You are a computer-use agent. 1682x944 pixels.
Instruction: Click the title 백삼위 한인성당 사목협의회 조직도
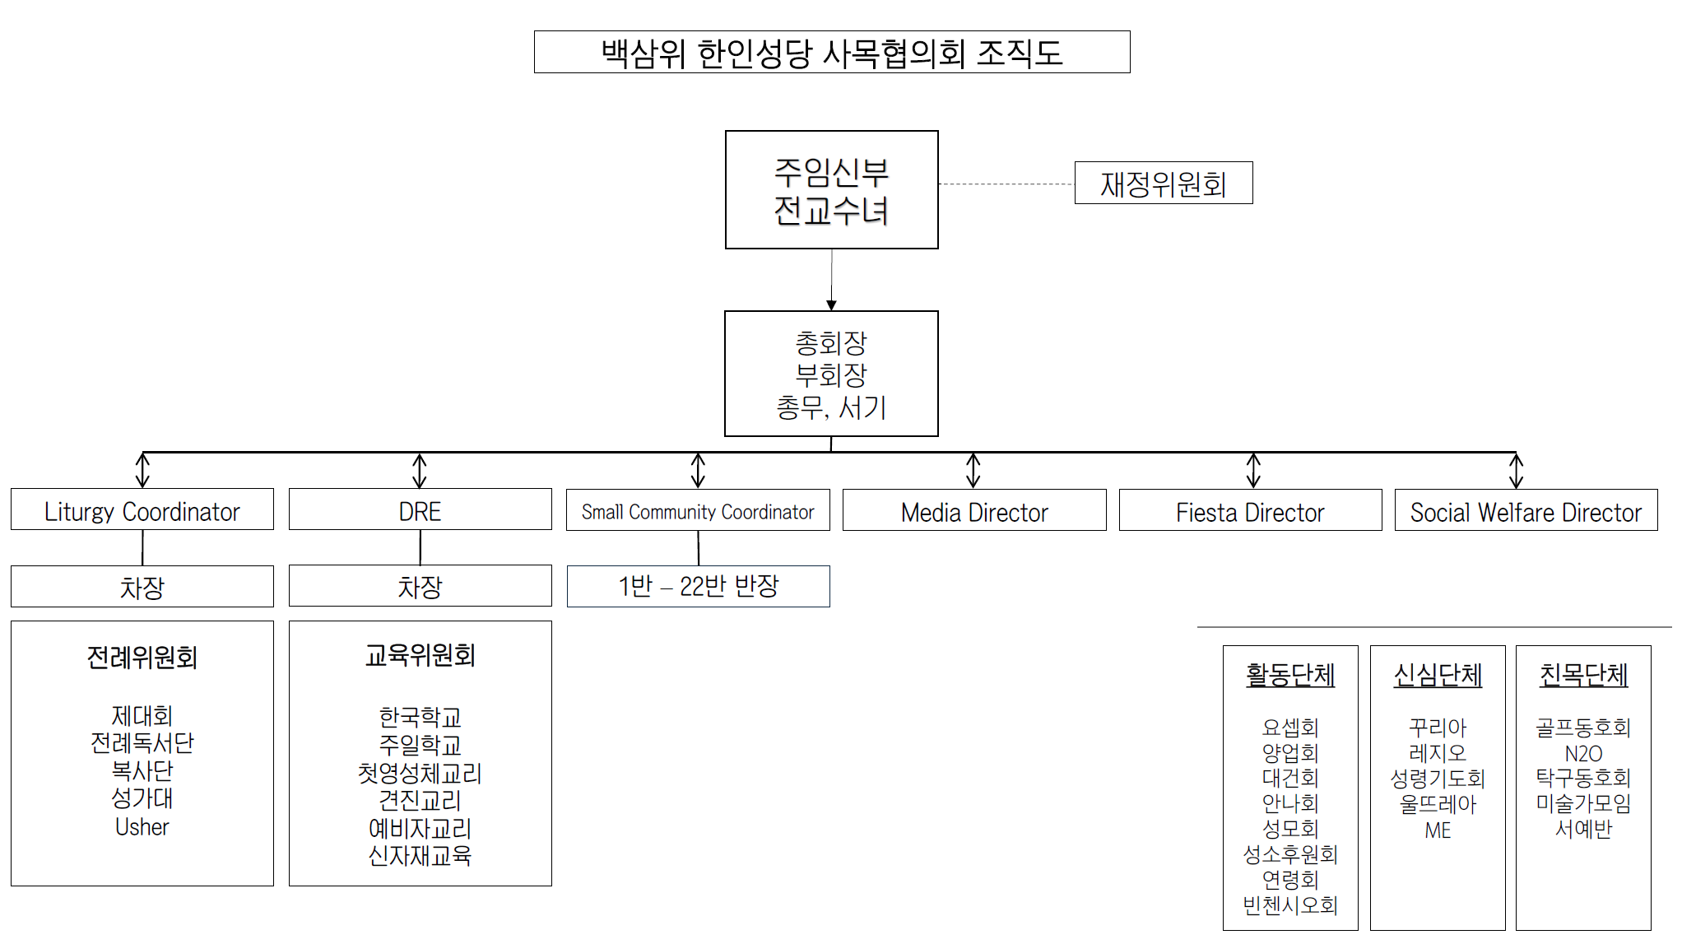pos(832,53)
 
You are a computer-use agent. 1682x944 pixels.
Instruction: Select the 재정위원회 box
pos(1164,183)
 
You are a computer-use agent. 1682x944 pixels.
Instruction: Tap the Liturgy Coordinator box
pos(142,509)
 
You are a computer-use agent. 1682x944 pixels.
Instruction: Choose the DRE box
pos(420,509)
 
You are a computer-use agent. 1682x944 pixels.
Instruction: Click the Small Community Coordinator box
pos(698,510)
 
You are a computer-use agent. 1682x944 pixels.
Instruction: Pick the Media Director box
pos(974,510)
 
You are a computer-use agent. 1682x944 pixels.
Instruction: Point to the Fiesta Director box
pos(1251,510)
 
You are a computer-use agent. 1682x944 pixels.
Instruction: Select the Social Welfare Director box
pos(1526,510)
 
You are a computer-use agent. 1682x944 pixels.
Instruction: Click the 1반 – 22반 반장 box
pos(699,586)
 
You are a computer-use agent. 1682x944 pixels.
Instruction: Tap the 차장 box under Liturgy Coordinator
pos(142,586)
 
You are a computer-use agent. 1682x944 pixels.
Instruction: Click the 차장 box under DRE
pos(420,586)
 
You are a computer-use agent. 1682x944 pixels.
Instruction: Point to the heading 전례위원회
pos(142,658)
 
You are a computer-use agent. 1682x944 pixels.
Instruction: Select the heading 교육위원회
pos(420,656)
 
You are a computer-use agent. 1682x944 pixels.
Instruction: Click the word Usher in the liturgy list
pos(142,827)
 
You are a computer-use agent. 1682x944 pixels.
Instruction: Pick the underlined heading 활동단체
pos(1290,675)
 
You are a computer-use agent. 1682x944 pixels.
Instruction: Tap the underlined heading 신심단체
pos(1438,675)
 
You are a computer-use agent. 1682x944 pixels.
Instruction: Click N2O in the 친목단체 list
pos(1583,754)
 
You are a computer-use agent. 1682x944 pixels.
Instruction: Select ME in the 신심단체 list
pos(1438,830)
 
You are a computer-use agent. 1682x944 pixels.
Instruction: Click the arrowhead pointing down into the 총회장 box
pos(831,305)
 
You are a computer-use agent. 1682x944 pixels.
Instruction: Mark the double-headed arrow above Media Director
pos(973,471)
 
